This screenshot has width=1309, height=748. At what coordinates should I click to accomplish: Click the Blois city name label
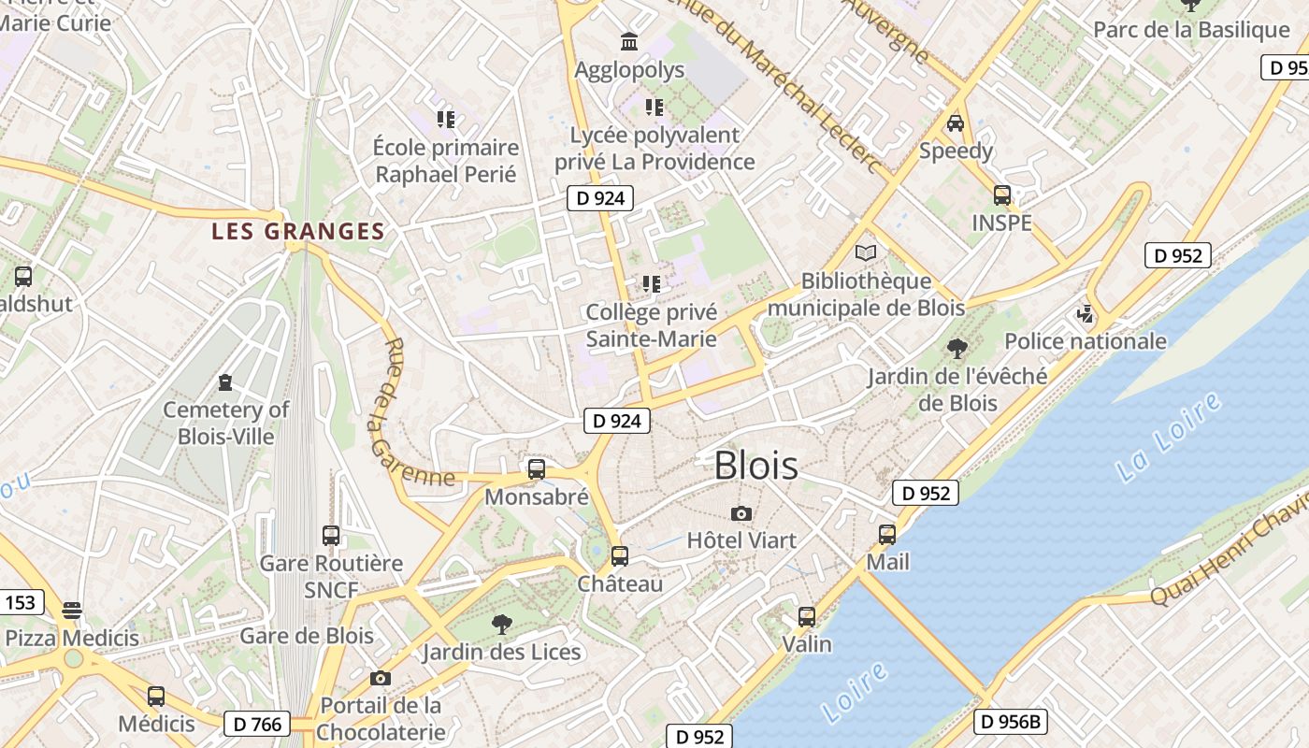tap(755, 466)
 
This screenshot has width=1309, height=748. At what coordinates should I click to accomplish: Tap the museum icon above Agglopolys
tap(629, 42)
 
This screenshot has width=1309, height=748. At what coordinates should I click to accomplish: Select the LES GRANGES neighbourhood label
tap(297, 231)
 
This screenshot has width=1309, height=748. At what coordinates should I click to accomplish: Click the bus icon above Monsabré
tap(536, 469)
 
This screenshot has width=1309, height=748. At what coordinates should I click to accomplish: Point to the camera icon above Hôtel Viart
tap(741, 513)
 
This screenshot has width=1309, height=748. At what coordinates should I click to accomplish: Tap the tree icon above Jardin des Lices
tap(502, 624)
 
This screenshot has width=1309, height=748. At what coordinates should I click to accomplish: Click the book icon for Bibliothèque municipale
tap(866, 253)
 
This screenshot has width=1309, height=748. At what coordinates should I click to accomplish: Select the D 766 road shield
tap(257, 723)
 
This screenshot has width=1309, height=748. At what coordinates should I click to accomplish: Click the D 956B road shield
tap(1010, 721)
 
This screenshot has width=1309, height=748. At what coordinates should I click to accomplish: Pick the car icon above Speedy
tap(955, 123)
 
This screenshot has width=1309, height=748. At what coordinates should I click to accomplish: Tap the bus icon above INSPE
tap(1001, 195)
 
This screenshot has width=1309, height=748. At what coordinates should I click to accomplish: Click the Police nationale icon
tap(1085, 314)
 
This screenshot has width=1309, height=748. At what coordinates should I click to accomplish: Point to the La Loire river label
tap(1169, 438)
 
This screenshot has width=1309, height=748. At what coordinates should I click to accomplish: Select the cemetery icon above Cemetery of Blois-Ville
tap(224, 382)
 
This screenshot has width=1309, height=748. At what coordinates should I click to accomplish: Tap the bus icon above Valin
tap(806, 617)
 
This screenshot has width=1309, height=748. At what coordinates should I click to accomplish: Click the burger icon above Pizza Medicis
tap(72, 611)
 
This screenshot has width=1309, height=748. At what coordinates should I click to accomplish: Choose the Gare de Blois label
tap(307, 636)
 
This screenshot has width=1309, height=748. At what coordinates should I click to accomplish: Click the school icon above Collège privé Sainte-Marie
tap(651, 283)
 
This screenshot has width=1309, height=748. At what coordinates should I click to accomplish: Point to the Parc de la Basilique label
tap(1190, 30)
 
